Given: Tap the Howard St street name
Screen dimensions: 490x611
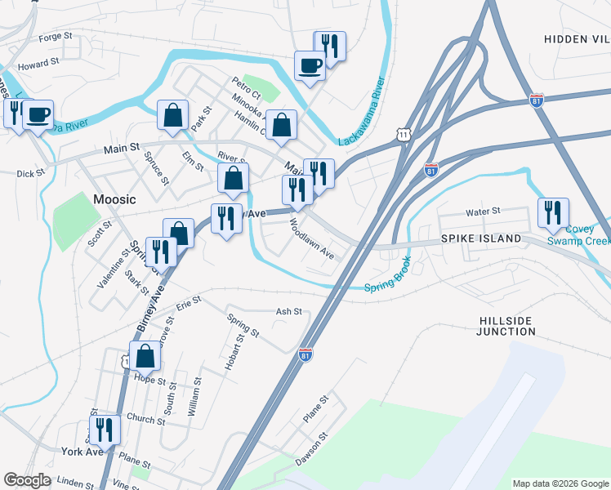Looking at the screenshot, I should pyautogui.click(x=39, y=62).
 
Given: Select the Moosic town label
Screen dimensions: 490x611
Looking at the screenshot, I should pyautogui.click(x=114, y=199).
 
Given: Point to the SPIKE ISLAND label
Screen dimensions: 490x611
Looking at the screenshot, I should pyautogui.click(x=481, y=238).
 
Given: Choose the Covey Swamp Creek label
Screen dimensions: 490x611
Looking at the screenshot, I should pyautogui.click(x=578, y=235).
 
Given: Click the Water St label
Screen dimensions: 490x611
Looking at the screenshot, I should pyautogui.click(x=482, y=212).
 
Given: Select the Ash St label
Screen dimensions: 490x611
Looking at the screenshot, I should pyautogui.click(x=288, y=311).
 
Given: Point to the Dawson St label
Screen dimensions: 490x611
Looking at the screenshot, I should pyautogui.click(x=312, y=447).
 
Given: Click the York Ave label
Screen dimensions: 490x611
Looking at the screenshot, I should pyautogui.click(x=82, y=451).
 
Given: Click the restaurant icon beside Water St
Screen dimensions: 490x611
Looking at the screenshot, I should pyautogui.click(x=554, y=213).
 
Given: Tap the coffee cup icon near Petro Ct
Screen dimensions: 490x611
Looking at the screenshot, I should pyautogui.click(x=310, y=65).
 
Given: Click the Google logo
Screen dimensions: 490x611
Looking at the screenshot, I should pyautogui.click(x=27, y=480).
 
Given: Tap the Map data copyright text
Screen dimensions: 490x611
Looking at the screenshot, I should pyautogui.click(x=560, y=483).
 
